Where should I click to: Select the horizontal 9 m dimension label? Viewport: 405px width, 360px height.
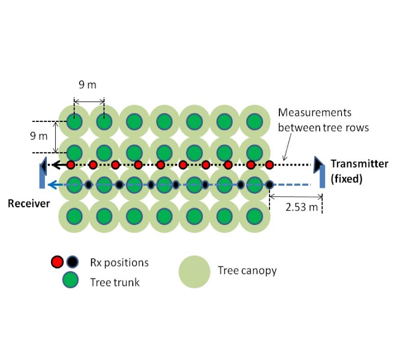(88, 85)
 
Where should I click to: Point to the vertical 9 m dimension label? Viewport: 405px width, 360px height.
(39, 136)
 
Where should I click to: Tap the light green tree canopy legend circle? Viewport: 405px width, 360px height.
(194, 272)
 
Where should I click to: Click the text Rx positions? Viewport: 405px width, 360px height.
(119, 262)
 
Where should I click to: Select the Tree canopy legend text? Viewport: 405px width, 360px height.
(247, 270)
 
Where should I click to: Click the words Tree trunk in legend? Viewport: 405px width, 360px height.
(115, 282)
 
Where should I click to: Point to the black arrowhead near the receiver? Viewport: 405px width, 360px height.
(57, 165)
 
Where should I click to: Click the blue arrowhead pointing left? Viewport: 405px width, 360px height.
(53, 184)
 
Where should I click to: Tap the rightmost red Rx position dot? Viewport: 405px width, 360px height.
(269, 165)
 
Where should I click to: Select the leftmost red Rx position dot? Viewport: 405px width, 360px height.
(71, 165)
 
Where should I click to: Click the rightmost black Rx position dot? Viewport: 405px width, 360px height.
(269, 184)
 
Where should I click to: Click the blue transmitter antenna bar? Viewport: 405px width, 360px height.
(322, 179)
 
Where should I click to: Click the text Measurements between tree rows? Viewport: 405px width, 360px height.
(323, 120)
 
